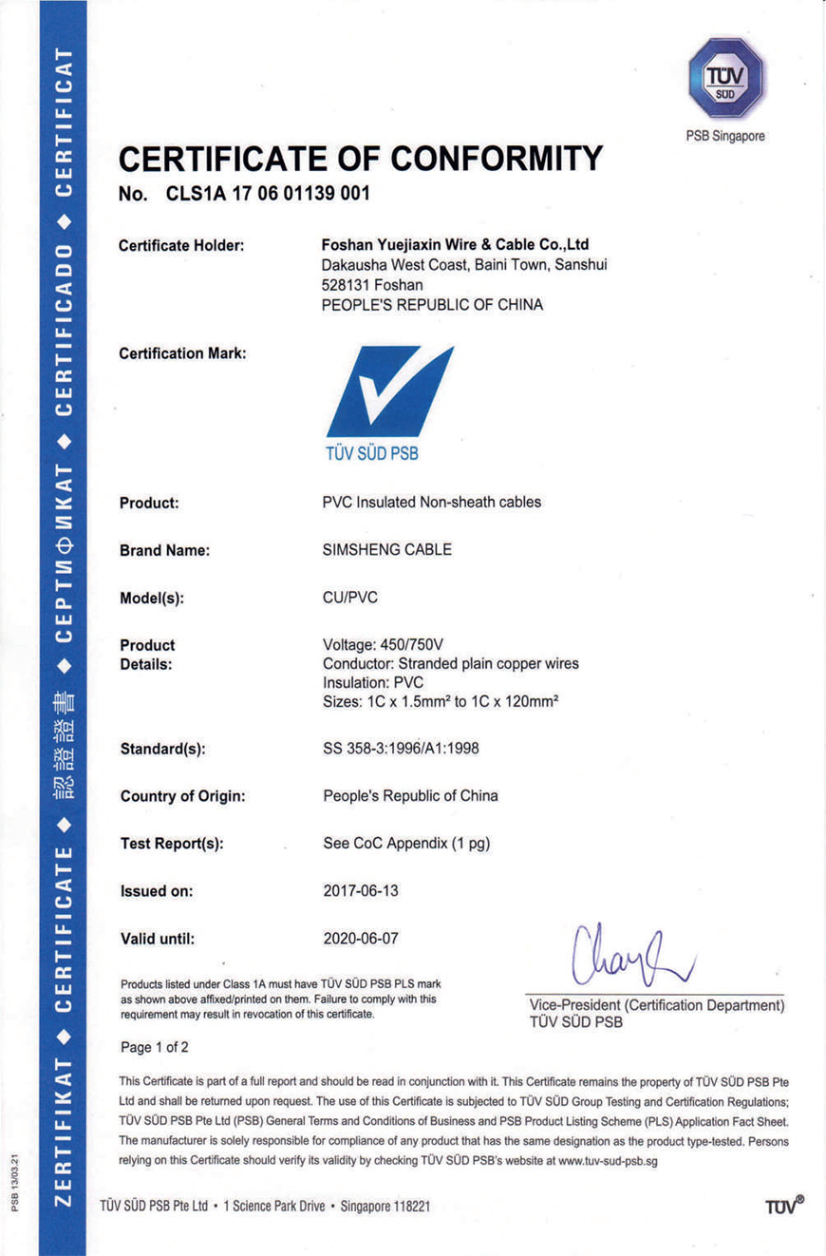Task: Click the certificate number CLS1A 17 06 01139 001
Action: (x=268, y=195)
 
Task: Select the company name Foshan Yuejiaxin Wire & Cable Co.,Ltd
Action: (x=456, y=245)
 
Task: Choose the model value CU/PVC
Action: (x=351, y=599)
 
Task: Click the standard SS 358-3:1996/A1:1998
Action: (x=402, y=748)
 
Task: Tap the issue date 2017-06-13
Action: (x=362, y=891)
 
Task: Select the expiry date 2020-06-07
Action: (x=362, y=939)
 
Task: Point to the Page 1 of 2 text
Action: (x=156, y=1048)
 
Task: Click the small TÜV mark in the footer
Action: (x=783, y=1205)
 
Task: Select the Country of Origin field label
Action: (x=182, y=796)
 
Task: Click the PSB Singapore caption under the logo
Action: (x=725, y=136)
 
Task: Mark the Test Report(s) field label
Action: (x=172, y=844)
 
